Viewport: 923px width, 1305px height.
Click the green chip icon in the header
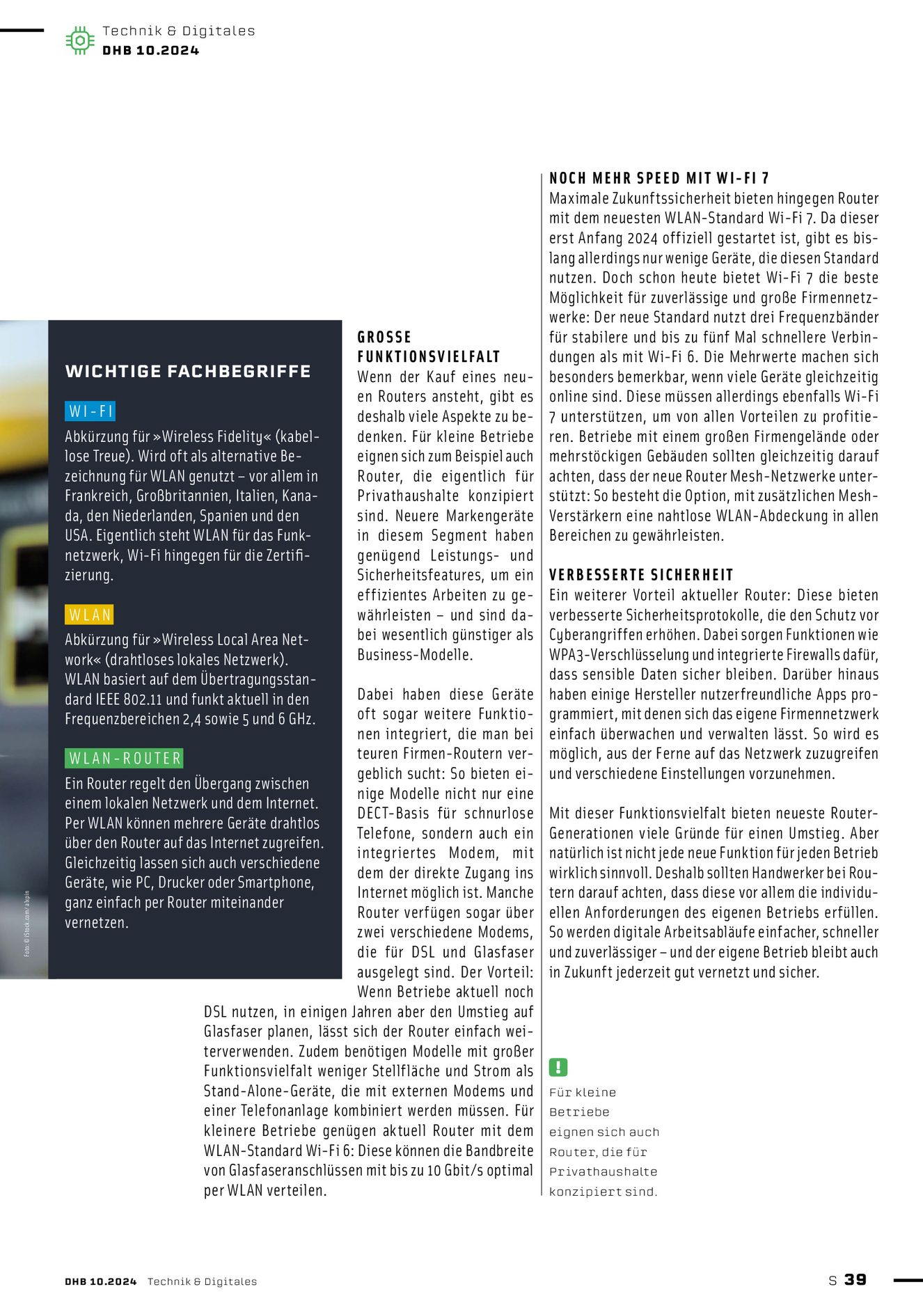(x=80, y=40)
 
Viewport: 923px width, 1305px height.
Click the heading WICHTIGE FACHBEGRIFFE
(x=188, y=371)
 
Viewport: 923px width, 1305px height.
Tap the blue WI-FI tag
(x=90, y=411)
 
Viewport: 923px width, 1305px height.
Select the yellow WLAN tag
(x=90, y=615)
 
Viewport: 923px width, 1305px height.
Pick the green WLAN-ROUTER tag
(x=125, y=758)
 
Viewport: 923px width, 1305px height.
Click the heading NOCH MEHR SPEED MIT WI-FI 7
(x=658, y=178)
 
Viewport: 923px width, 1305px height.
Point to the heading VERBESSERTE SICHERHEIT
(x=641, y=575)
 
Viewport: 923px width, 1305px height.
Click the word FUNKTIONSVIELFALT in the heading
(x=429, y=357)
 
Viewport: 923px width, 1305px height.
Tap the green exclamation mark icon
(x=558, y=1067)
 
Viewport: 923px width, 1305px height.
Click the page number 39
(x=855, y=1279)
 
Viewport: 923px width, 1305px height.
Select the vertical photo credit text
(x=27, y=923)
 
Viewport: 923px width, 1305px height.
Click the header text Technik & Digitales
(x=178, y=31)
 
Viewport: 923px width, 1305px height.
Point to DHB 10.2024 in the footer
(x=101, y=1281)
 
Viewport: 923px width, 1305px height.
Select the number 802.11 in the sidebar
(x=143, y=699)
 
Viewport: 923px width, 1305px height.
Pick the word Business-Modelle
(x=415, y=655)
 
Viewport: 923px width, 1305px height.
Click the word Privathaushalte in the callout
(x=603, y=1171)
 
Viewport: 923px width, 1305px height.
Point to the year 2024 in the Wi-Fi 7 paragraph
(x=642, y=238)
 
